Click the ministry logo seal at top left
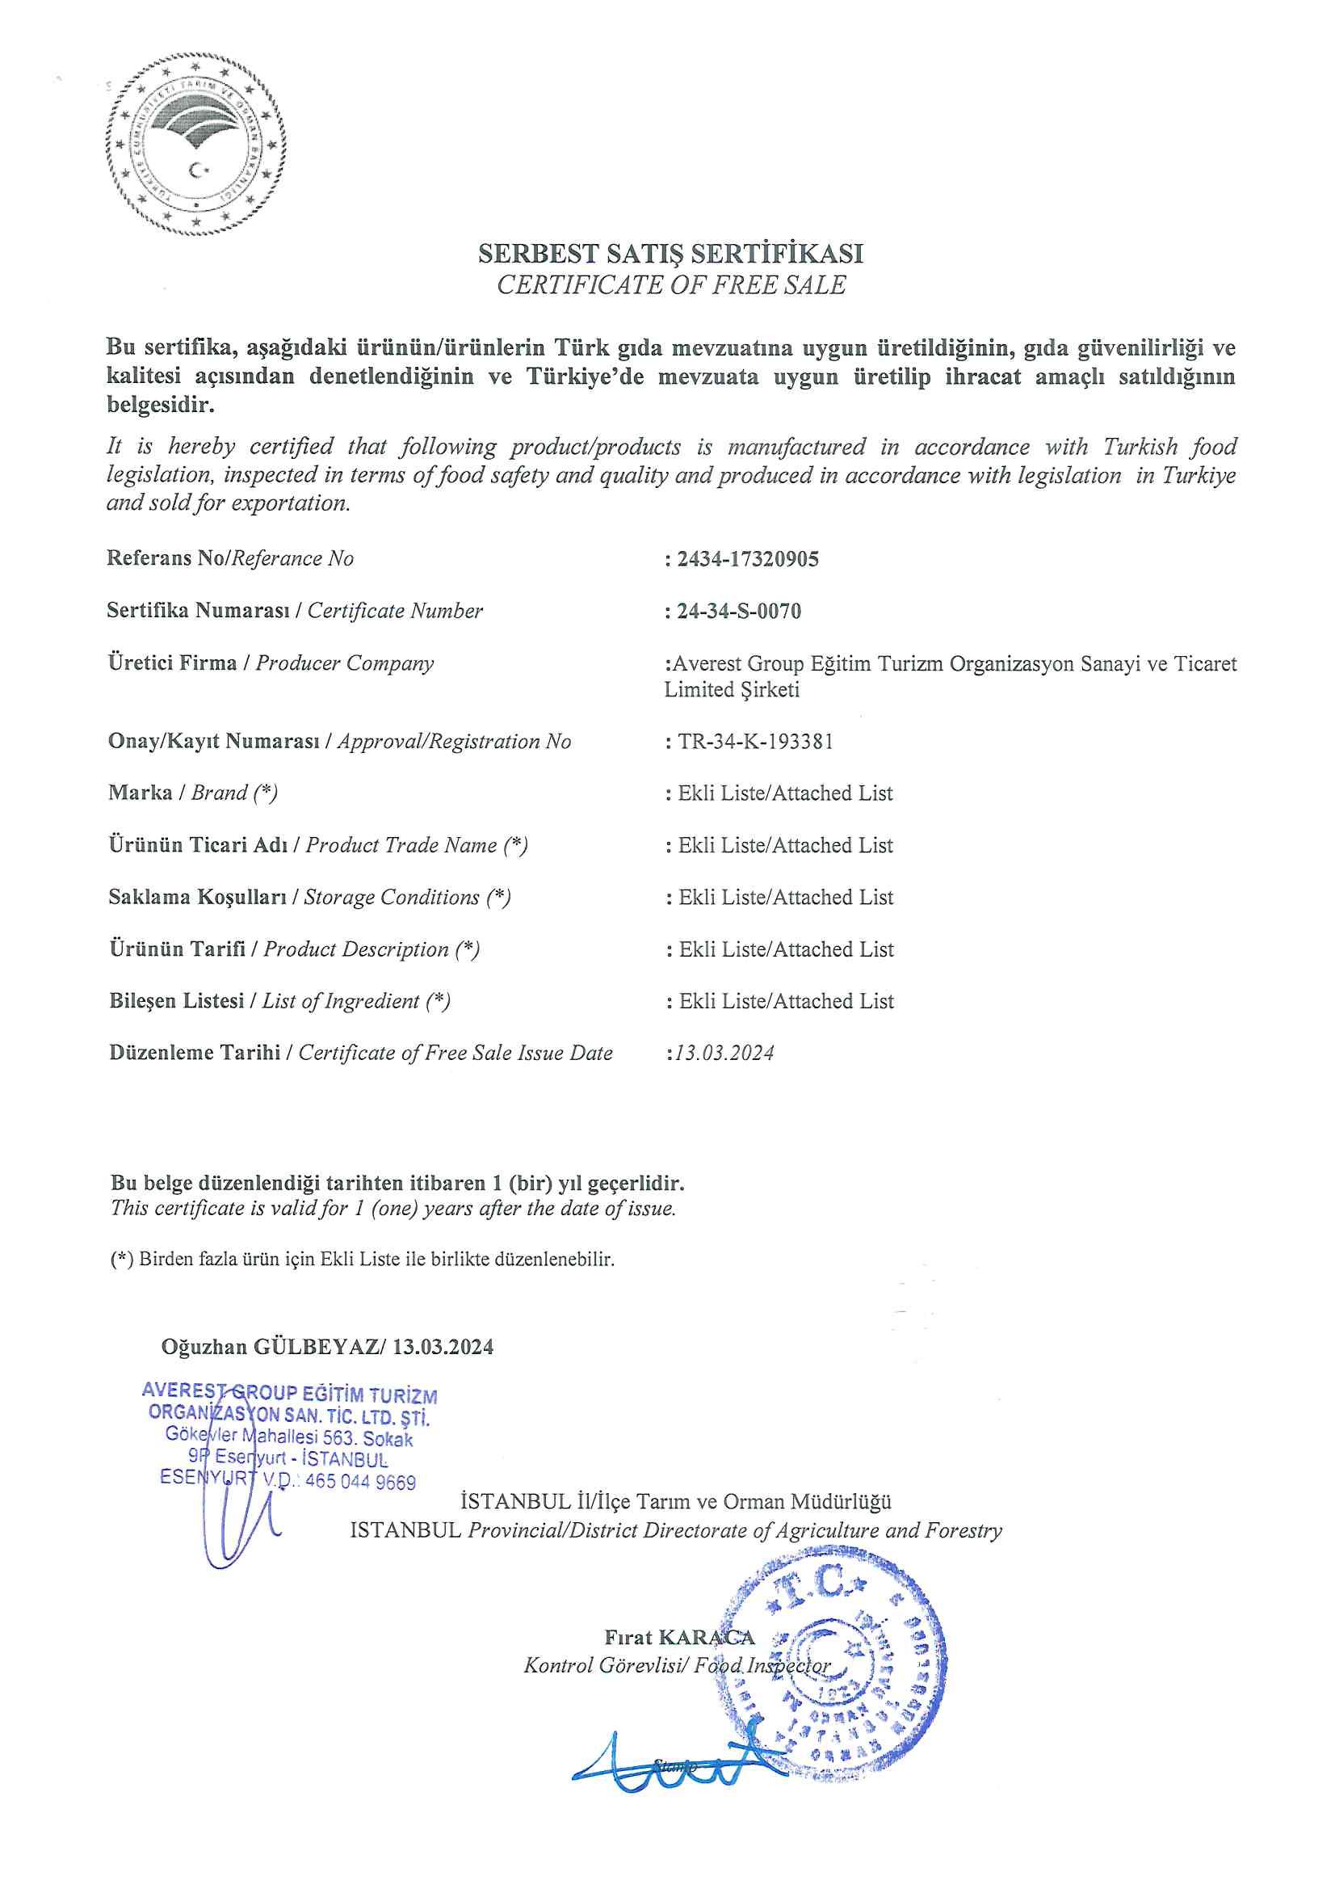click(195, 144)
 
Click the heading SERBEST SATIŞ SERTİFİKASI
click(670, 254)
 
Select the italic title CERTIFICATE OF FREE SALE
click(670, 284)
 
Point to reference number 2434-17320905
click(747, 559)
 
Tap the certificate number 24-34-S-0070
click(738, 612)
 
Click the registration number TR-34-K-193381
click(754, 741)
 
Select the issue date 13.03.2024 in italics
click(724, 1053)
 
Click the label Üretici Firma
click(172, 663)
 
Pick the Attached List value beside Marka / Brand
click(785, 793)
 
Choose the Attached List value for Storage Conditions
click(786, 897)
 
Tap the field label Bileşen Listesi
click(177, 1000)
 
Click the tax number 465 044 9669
click(360, 1482)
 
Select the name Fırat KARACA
click(678, 1637)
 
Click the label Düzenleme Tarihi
click(195, 1052)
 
